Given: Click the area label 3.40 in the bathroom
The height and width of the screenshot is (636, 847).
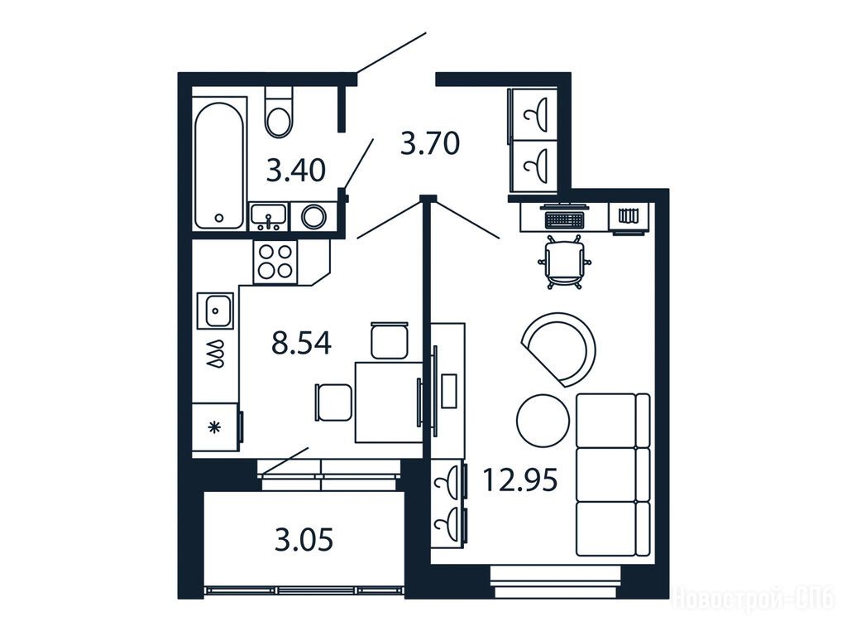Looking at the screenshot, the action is [296, 171].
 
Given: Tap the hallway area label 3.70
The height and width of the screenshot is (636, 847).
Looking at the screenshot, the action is [430, 143].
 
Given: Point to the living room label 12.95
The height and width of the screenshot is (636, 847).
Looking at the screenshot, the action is [519, 479].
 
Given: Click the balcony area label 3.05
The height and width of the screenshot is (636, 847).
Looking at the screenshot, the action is [304, 539].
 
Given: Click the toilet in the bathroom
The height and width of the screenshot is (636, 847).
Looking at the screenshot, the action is [279, 112].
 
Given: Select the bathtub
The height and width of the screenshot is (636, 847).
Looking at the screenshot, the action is [219, 165].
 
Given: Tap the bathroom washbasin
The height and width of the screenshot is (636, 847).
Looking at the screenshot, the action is [269, 216].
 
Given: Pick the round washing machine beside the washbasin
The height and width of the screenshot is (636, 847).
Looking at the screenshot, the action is [313, 217].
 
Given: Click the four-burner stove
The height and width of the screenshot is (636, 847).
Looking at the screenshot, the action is [275, 262].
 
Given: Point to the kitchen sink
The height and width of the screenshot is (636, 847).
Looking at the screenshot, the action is [215, 311].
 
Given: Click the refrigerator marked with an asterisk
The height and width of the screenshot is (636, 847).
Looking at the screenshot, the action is [216, 427].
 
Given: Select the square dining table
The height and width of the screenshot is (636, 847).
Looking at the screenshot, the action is [389, 402].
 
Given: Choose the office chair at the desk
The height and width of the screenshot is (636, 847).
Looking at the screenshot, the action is [564, 262].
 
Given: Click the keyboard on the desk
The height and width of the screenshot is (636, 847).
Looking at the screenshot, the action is [565, 219].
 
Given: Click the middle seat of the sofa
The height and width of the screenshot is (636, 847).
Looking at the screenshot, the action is [606, 475].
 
